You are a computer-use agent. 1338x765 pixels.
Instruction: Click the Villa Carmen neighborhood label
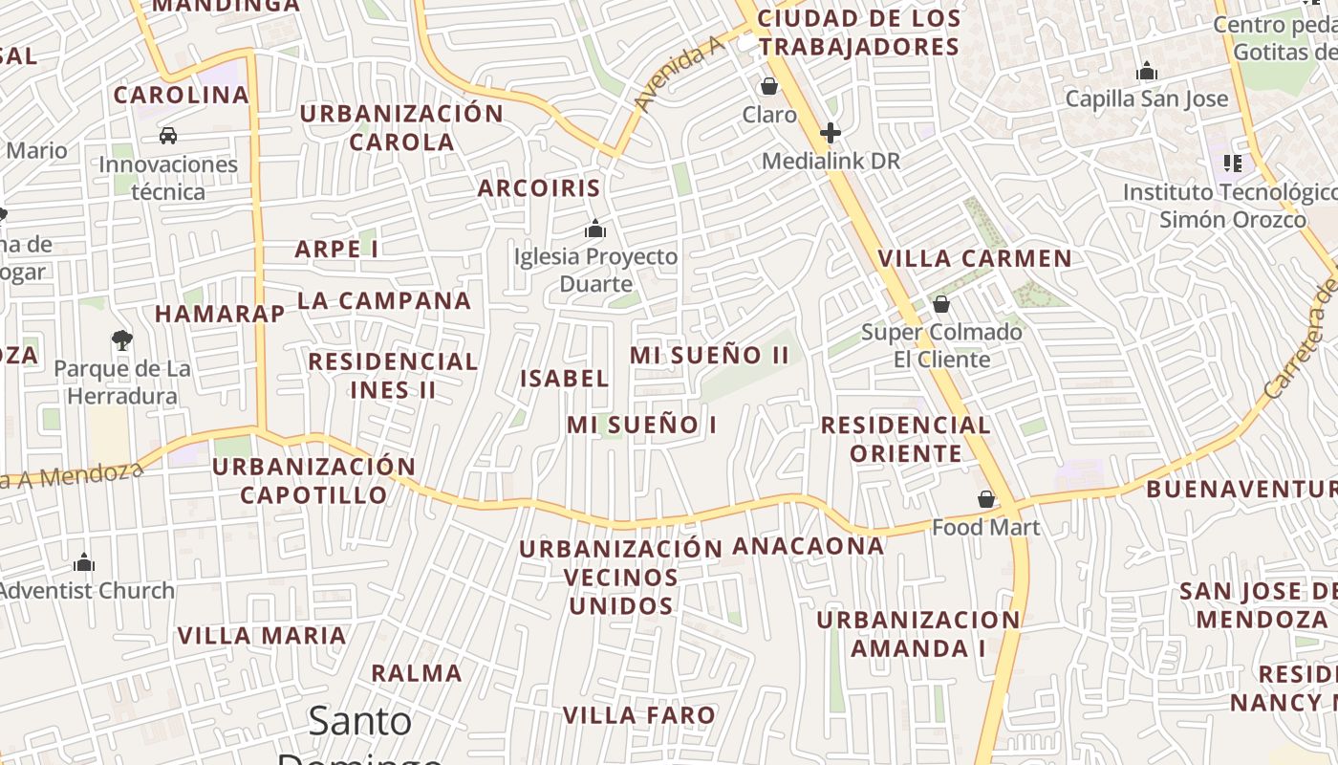[975, 258]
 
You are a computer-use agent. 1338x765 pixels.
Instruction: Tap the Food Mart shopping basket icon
[986, 499]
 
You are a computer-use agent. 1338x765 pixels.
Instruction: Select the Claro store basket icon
[769, 87]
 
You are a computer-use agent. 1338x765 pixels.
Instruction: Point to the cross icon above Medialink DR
[830, 133]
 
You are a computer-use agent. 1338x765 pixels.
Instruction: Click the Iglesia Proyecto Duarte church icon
[595, 229]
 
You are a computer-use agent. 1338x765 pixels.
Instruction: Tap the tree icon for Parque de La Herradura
[121, 339]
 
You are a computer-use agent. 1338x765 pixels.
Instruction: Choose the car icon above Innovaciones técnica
[168, 136]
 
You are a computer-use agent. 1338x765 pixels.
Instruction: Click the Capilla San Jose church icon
[1146, 71]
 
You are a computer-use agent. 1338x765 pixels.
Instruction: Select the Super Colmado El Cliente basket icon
[941, 304]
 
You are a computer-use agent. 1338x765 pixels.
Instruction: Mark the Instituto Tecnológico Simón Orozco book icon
[1233, 164]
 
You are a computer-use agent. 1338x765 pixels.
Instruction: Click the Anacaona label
[809, 546]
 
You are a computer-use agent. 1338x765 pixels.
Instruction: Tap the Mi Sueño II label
[709, 355]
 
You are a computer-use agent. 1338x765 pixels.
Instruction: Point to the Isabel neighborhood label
[564, 378]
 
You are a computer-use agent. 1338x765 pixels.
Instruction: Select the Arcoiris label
[539, 187]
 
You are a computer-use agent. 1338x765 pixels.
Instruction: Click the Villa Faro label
[638, 715]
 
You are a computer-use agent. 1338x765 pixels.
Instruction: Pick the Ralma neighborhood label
[417, 672]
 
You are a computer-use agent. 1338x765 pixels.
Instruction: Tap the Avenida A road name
[676, 76]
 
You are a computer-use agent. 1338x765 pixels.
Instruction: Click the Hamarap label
[220, 314]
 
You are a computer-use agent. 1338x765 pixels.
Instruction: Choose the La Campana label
[384, 300]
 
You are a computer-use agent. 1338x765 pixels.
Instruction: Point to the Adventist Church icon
[84, 562]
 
